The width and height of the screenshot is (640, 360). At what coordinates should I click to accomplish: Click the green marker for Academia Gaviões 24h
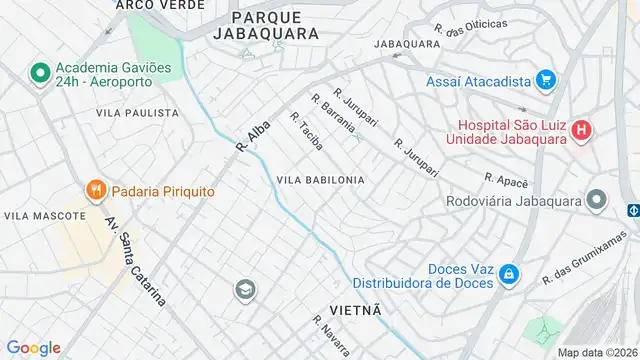(x=40, y=73)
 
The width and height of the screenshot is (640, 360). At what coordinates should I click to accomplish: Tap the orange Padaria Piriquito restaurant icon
(x=96, y=189)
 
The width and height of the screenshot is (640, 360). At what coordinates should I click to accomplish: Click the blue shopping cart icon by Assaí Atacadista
(x=545, y=79)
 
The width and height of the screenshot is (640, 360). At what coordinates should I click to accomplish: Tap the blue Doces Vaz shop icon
(x=508, y=273)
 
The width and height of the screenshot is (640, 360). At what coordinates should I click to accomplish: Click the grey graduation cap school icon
(x=244, y=290)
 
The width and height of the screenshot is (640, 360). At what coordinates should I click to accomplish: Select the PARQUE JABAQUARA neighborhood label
(x=266, y=25)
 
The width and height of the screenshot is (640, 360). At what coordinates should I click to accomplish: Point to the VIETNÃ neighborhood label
(x=355, y=310)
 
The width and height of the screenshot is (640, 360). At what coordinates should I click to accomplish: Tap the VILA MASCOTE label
(x=41, y=215)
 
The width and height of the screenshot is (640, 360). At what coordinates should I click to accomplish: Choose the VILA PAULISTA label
(x=137, y=114)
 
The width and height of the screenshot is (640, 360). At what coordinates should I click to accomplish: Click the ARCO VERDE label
(x=153, y=5)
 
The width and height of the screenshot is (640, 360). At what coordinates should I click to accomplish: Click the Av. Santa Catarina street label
(x=137, y=261)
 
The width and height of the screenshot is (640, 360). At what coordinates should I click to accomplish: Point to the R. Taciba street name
(x=306, y=131)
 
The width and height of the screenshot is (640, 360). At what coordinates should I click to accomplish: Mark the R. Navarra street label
(x=331, y=336)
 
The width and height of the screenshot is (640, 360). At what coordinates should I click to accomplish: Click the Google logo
(x=34, y=347)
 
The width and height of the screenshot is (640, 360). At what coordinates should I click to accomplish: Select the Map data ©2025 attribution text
(x=597, y=352)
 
